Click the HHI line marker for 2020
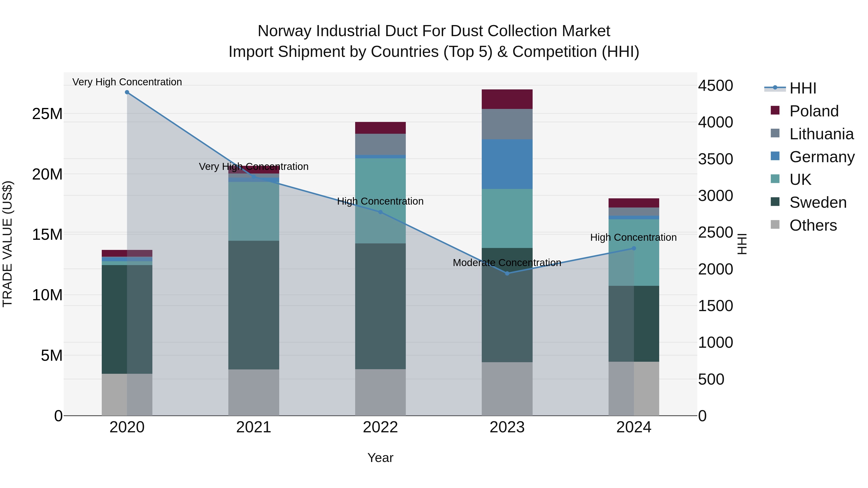point(127,92)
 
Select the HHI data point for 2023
point(507,273)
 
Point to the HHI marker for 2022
point(380,212)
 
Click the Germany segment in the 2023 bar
point(507,164)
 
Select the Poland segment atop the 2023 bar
point(507,99)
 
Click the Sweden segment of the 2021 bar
point(254,305)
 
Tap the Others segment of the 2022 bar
point(380,392)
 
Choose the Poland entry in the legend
point(814,111)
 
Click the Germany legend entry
point(821,157)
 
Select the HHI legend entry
point(803,88)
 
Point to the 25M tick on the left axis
point(47,114)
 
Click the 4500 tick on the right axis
point(715,86)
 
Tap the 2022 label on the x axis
point(380,427)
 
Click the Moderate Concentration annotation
point(507,263)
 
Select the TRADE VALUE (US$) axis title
point(7,244)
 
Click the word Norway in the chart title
point(285,31)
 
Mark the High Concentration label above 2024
point(633,237)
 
